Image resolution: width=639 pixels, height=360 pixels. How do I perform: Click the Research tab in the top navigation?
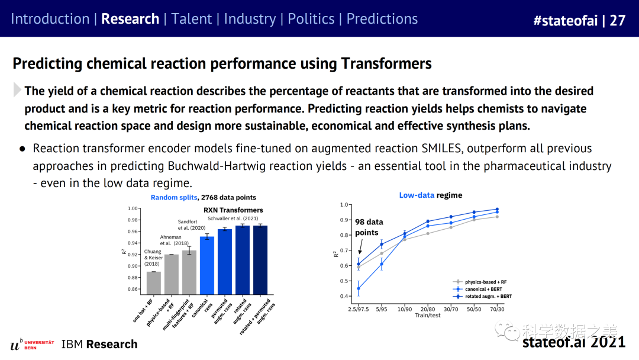pos(130,19)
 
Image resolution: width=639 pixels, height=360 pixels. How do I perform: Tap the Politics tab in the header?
pos(311,19)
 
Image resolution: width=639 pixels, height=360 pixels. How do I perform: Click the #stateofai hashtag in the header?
pos(566,21)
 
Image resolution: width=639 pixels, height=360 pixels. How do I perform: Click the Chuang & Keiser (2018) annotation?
pos(153,258)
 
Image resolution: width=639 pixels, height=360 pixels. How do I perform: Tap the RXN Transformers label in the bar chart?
pos(233,210)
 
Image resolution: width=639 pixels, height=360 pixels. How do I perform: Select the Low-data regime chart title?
pos(431,195)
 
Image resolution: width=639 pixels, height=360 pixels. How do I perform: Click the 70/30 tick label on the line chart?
pos(497,308)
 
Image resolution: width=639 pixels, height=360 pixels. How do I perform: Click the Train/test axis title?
pos(428,315)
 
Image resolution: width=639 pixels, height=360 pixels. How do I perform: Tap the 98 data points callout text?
pos(369,227)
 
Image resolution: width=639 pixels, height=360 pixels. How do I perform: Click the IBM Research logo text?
pos(99,345)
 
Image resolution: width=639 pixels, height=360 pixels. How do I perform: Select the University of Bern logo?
pos(32,345)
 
